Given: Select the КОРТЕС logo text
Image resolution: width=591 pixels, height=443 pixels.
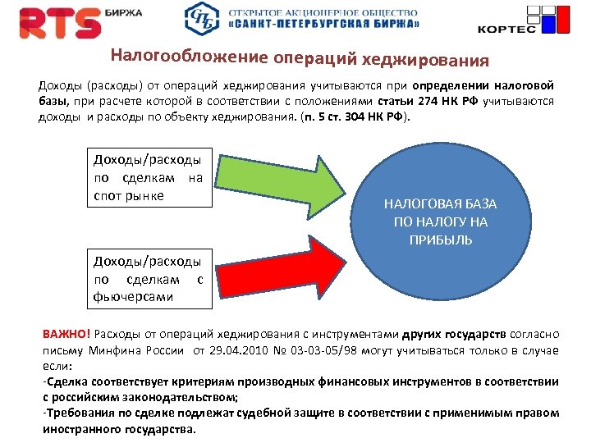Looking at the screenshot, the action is pos(506,29).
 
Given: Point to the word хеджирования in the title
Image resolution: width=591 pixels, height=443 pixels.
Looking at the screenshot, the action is pos(432,60).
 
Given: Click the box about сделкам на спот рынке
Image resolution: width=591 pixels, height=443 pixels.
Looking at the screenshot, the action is pos(149,176).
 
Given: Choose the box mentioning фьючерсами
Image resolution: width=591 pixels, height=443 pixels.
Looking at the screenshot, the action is pos(149,279).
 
